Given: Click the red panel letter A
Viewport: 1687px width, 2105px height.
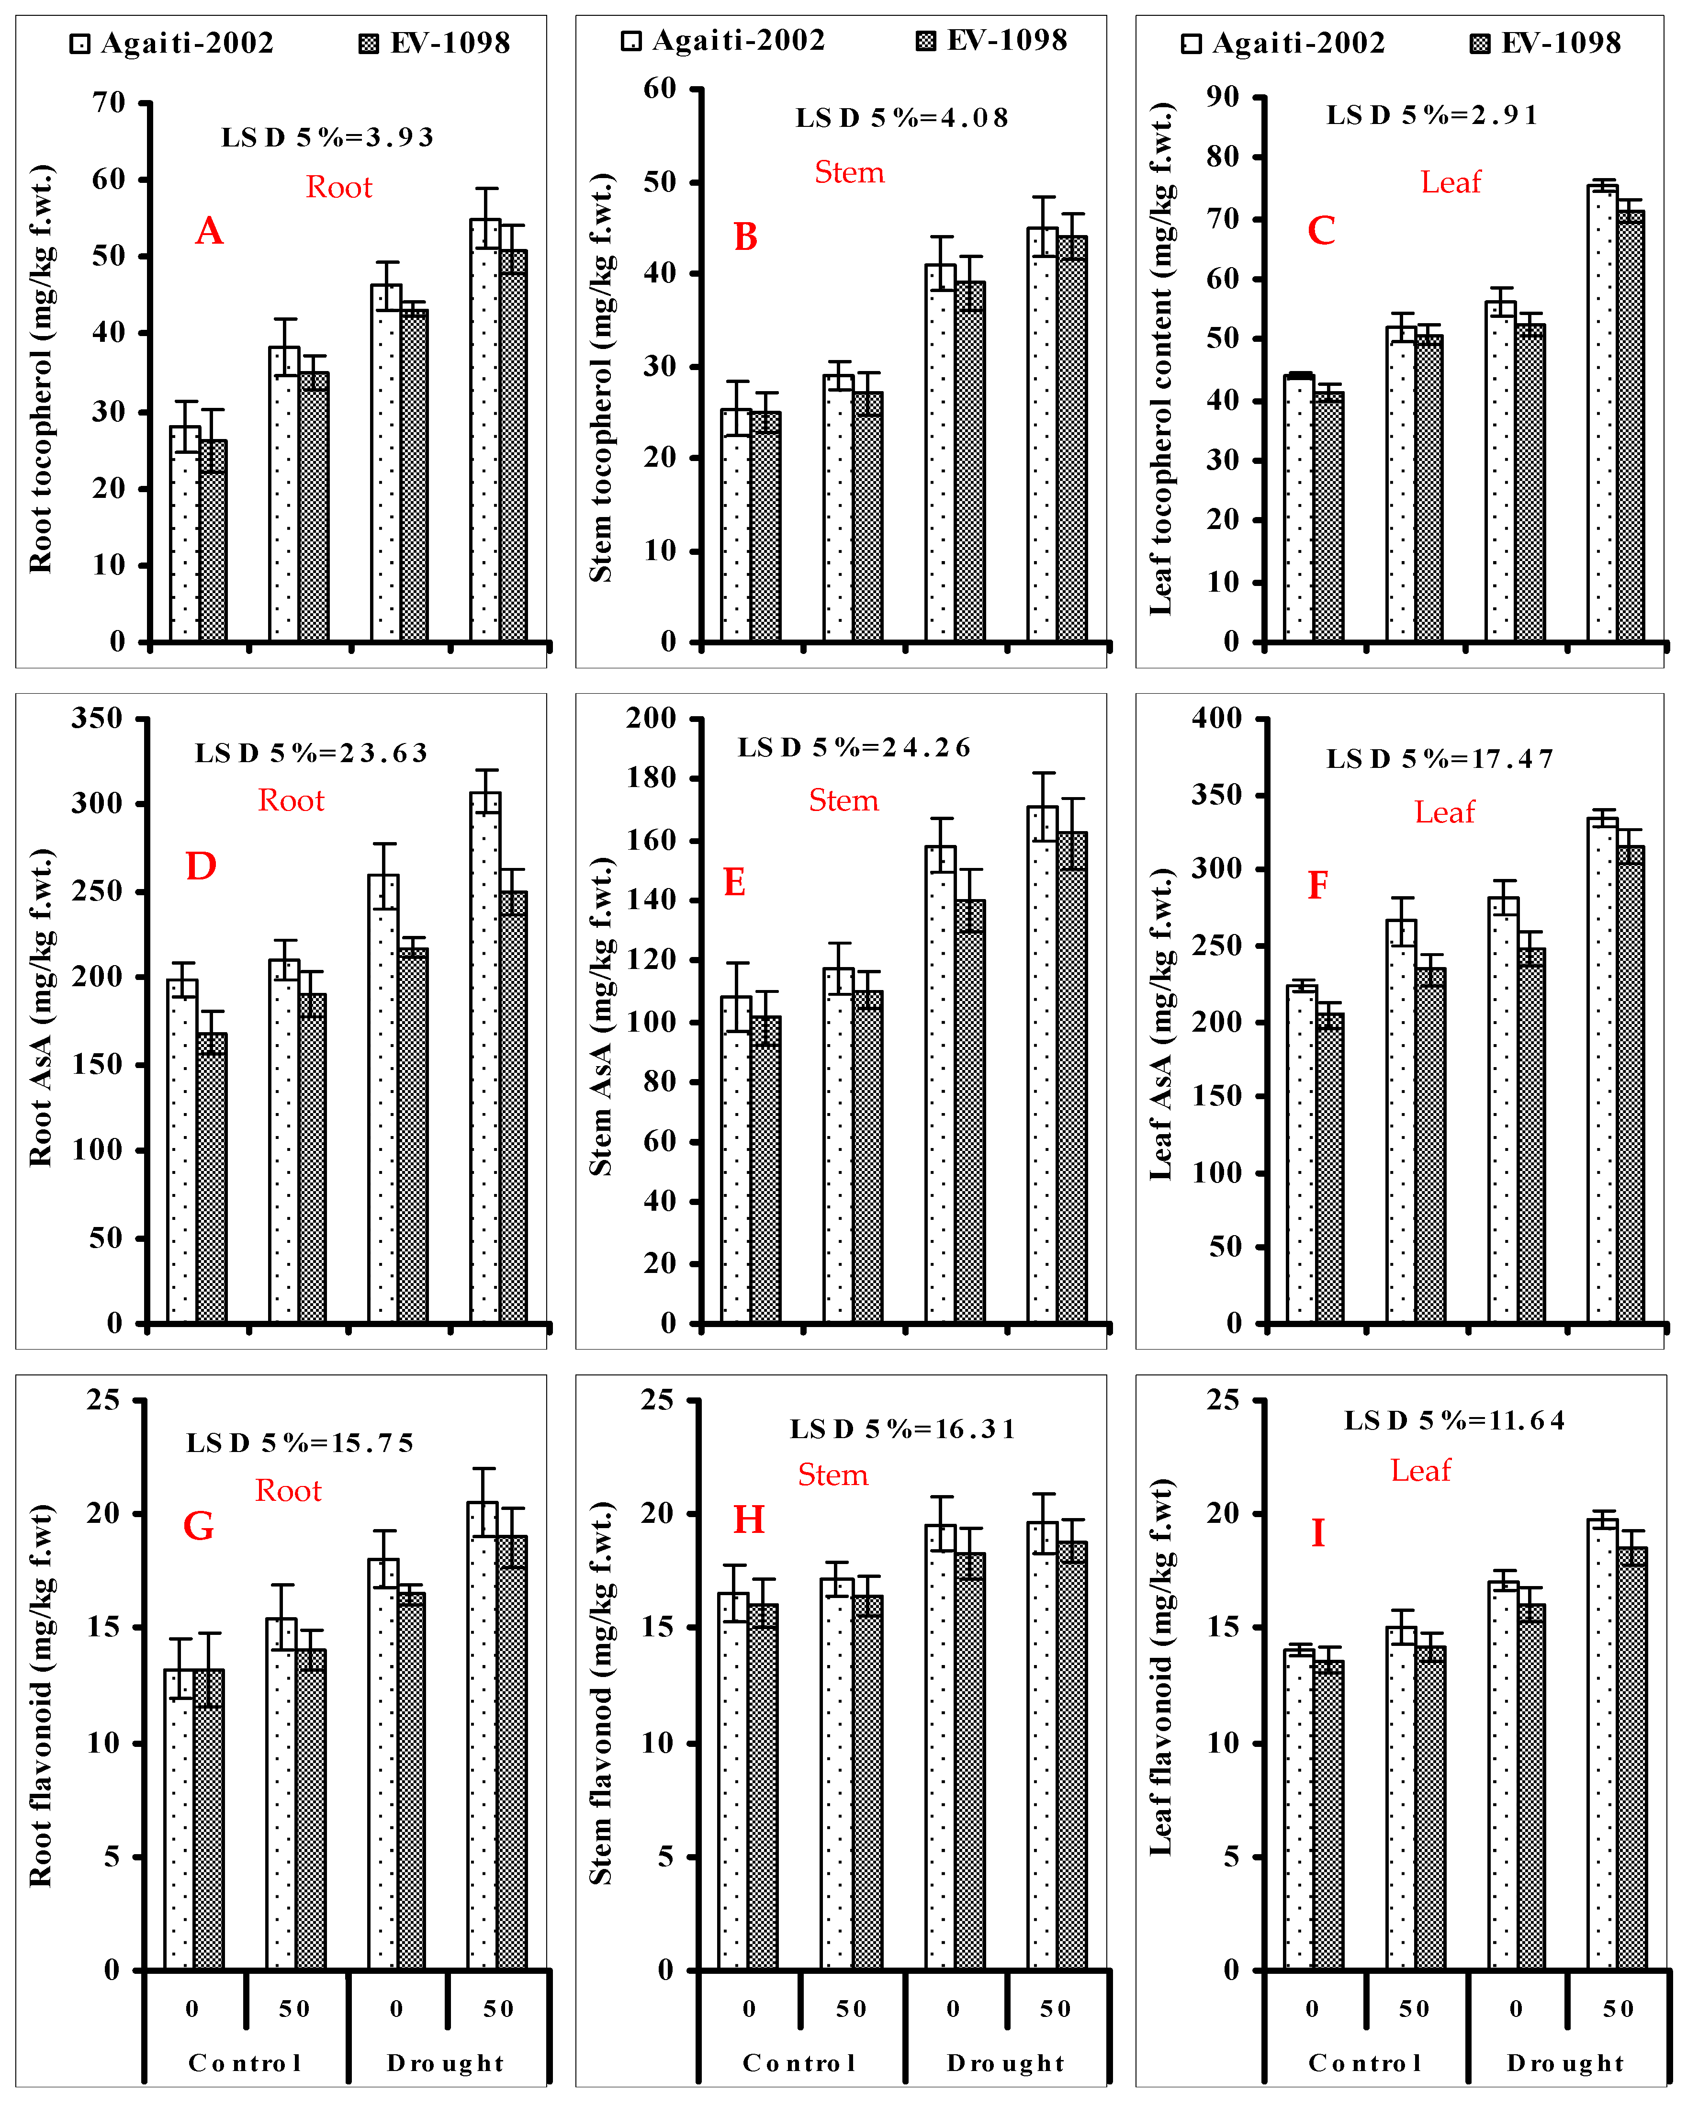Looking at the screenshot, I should [x=209, y=231].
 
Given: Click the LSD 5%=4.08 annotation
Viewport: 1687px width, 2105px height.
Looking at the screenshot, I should [x=901, y=118].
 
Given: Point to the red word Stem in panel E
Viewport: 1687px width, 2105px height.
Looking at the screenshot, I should [x=843, y=800].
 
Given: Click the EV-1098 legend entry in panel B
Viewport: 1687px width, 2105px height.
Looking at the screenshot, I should [x=992, y=41].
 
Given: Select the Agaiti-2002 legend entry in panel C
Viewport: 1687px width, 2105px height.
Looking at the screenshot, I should [x=1283, y=43].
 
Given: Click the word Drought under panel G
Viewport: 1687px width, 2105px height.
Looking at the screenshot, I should [x=445, y=2063].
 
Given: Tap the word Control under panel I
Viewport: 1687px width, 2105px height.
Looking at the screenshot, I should [x=1364, y=2063].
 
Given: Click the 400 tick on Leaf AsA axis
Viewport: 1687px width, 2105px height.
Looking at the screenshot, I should [x=1216, y=719].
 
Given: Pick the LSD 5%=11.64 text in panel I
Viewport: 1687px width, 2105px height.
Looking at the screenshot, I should [x=1454, y=1420].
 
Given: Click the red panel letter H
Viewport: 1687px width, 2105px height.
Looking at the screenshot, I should [x=749, y=1520].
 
